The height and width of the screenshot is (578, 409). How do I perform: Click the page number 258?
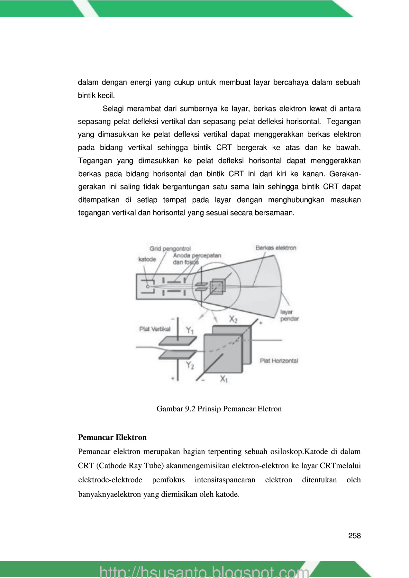[354, 536]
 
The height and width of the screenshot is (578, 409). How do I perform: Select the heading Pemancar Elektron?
[112, 437]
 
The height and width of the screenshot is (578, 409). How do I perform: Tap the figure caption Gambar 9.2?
[219, 409]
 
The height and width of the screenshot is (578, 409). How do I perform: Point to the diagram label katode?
[147, 259]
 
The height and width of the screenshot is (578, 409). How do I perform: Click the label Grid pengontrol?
[170, 249]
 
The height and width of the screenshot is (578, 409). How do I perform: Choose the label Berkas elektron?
[276, 248]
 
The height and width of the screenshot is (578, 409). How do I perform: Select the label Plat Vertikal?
[155, 329]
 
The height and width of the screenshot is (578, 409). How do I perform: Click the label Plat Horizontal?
[279, 361]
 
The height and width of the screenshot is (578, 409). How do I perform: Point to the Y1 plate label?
[190, 330]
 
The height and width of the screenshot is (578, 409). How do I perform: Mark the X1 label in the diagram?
[224, 379]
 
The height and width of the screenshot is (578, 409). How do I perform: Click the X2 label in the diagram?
[233, 319]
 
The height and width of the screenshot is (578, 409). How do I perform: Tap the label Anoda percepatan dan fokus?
[197, 259]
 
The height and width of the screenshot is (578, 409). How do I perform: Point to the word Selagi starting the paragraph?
[113, 109]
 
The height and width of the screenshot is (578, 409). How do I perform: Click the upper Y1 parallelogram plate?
[177, 340]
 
